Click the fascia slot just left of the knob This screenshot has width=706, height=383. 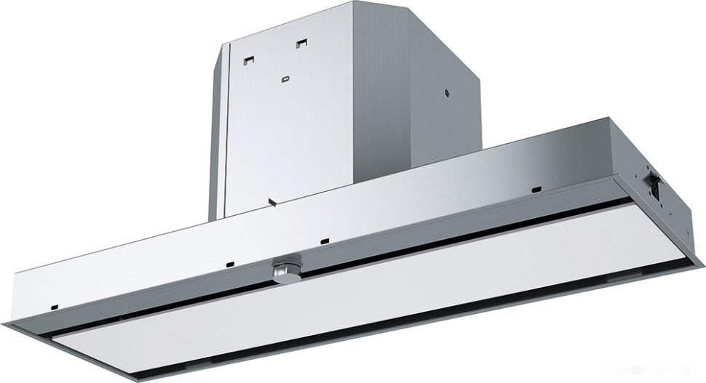229,262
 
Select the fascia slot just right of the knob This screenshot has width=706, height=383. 324,239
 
